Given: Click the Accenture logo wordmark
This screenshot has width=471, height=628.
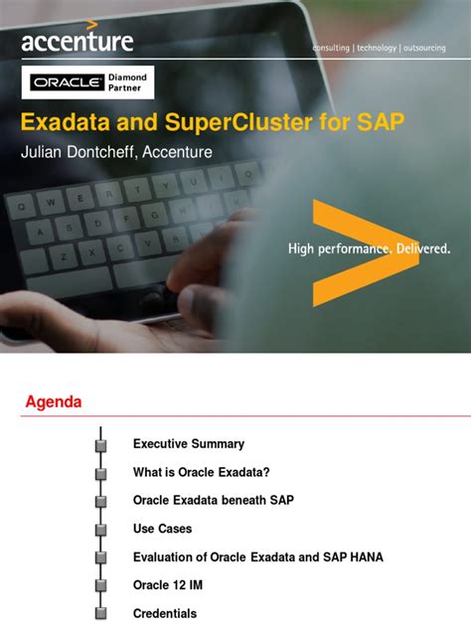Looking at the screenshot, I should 78,41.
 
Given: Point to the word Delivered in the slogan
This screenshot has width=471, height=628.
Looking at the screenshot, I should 417,247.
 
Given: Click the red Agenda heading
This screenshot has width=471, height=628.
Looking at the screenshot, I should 53,402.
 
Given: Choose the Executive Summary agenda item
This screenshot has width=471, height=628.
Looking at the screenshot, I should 189,444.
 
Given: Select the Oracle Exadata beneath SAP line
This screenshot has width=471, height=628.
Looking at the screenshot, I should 214,500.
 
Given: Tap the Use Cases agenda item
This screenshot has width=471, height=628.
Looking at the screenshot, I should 163,529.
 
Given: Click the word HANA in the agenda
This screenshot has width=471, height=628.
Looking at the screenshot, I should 364,557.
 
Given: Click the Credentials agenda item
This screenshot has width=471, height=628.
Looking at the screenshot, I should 165,614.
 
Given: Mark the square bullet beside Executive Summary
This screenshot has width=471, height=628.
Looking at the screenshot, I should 100,444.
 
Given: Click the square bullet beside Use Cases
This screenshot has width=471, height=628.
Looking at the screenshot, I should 100,529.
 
